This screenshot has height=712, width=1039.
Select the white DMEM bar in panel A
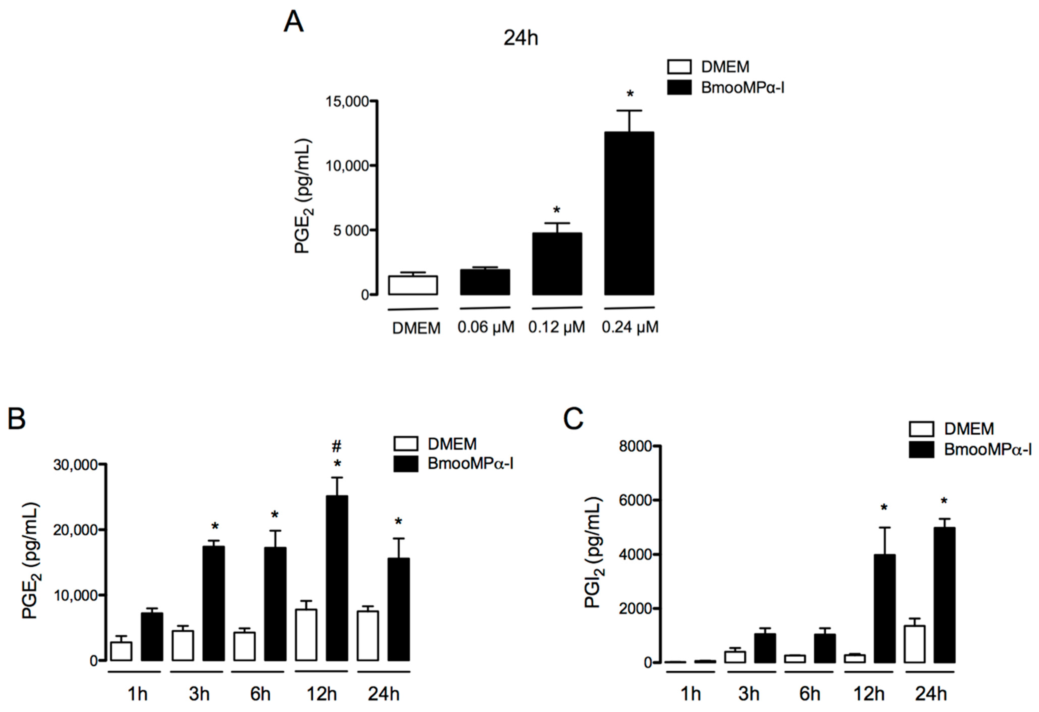pos(413,285)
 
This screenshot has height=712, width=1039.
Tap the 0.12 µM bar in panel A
pos(557,264)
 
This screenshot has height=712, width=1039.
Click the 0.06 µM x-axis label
pos(485,327)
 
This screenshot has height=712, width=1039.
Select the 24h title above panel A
pos(521,39)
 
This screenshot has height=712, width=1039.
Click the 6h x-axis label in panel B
pos(260,694)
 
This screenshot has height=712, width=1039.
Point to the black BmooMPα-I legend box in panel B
pos(405,464)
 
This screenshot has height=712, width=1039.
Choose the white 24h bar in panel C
pos(914,644)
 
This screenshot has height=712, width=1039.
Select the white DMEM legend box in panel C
pos(921,429)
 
